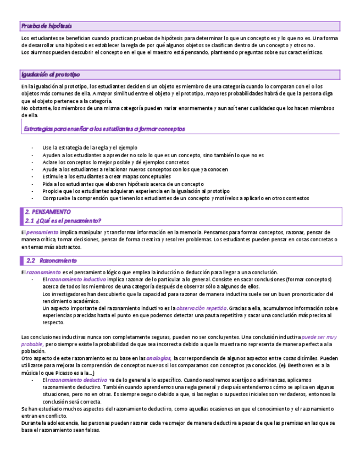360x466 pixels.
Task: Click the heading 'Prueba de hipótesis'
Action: pyautogui.click(x=47, y=26)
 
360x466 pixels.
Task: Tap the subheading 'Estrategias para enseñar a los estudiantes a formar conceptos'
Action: pyautogui.click(x=104, y=129)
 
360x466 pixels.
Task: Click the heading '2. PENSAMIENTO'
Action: pyautogui.click(x=48, y=212)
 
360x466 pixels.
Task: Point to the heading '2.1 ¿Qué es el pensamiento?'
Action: pyautogui.click(x=63, y=220)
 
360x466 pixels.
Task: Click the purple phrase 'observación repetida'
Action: pyautogui.click(x=202, y=308)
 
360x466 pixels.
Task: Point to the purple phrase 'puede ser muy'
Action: pyautogui.click(x=319, y=337)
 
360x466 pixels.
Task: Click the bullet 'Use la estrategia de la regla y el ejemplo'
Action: pyautogui.click(x=90, y=148)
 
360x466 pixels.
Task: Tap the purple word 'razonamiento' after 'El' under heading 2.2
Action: pyautogui.click(x=43, y=273)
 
